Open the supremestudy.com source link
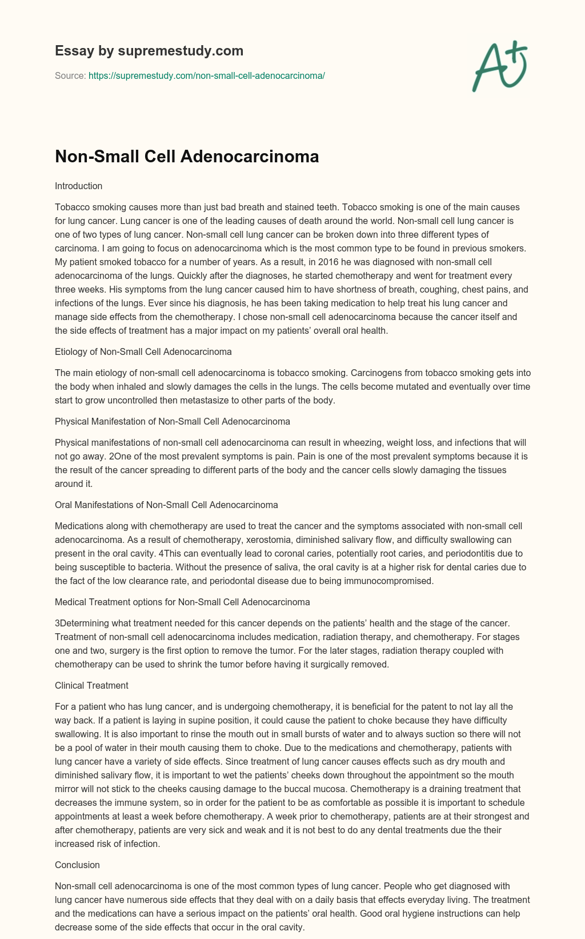[207, 75]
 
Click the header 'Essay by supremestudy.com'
[149, 51]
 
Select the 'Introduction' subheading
[78, 186]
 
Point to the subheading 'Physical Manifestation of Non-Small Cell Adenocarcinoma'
[173, 421]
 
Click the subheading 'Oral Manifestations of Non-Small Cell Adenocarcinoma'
[166, 505]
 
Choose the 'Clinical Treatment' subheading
[91, 685]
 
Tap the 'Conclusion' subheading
[77, 865]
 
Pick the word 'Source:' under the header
[70, 75]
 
